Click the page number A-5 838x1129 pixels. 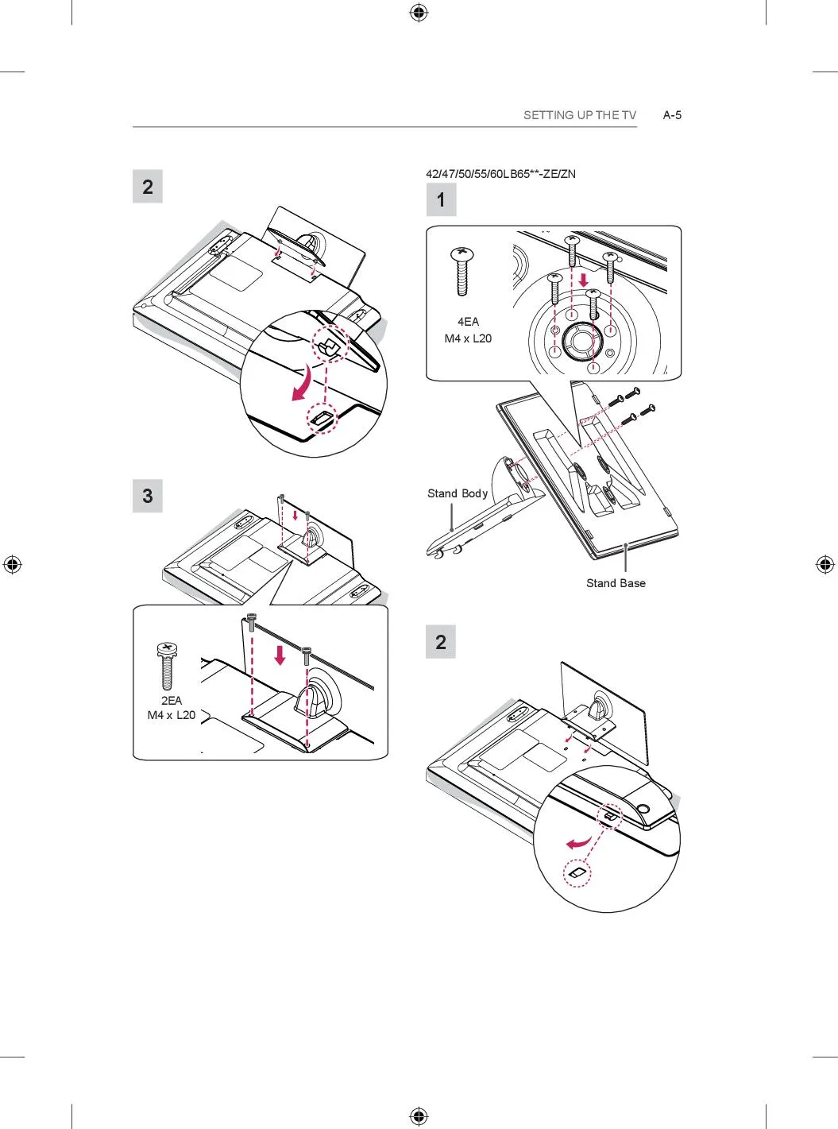pyautogui.click(x=672, y=115)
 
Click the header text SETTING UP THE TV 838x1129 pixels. pyautogui.click(x=580, y=115)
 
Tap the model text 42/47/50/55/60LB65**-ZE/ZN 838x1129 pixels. pyautogui.click(x=500, y=174)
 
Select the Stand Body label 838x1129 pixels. pyautogui.click(x=458, y=493)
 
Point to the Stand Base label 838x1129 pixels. pyautogui.click(x=616, y=583)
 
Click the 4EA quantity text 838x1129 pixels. pyautogui.click(x=468, y=322)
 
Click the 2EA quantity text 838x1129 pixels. pyautogui.click(x=171, y=701)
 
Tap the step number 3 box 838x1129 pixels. pyautogui.click(x=148, y=496)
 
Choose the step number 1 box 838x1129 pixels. pyautogui.click(x=441, y=199)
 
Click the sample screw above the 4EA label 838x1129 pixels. pyautogui.click(x=462, y=271)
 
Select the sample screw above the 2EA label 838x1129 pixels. pyautogui.click(x=167, y=666)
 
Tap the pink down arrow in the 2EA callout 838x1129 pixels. pyautogui.click(x=280, y=655)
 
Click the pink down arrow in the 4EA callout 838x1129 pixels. pyautogui.click(x=584, y=279)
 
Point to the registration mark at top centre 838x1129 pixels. pyautogui.click(x=419, y=13)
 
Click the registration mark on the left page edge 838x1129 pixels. pyautogui.click(x=12, y=564)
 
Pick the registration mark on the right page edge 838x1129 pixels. pyautogui.click(x=825, y=564)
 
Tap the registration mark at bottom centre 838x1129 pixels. pyautogui.click(x=419, y=1115)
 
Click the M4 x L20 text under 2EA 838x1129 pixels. pyautogui.click(x=171, y=715)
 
